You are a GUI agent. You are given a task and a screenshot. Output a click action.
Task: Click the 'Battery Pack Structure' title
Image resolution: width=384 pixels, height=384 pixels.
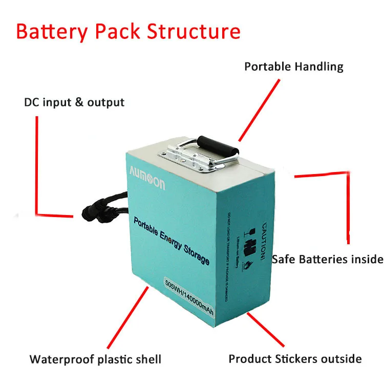click(128, 31)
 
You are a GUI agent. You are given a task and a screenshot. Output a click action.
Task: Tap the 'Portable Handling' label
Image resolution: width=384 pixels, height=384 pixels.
click(293, 67)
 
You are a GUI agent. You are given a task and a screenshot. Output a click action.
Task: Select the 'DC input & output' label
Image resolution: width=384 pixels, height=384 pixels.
click(74, 102)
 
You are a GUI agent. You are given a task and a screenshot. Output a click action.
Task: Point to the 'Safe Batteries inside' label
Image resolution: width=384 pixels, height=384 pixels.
click(327, 259)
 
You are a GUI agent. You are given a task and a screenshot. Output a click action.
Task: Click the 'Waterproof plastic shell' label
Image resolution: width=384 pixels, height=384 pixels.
click(95, 359)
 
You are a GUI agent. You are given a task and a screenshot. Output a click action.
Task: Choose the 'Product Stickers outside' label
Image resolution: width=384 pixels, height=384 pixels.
click(295, 359)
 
